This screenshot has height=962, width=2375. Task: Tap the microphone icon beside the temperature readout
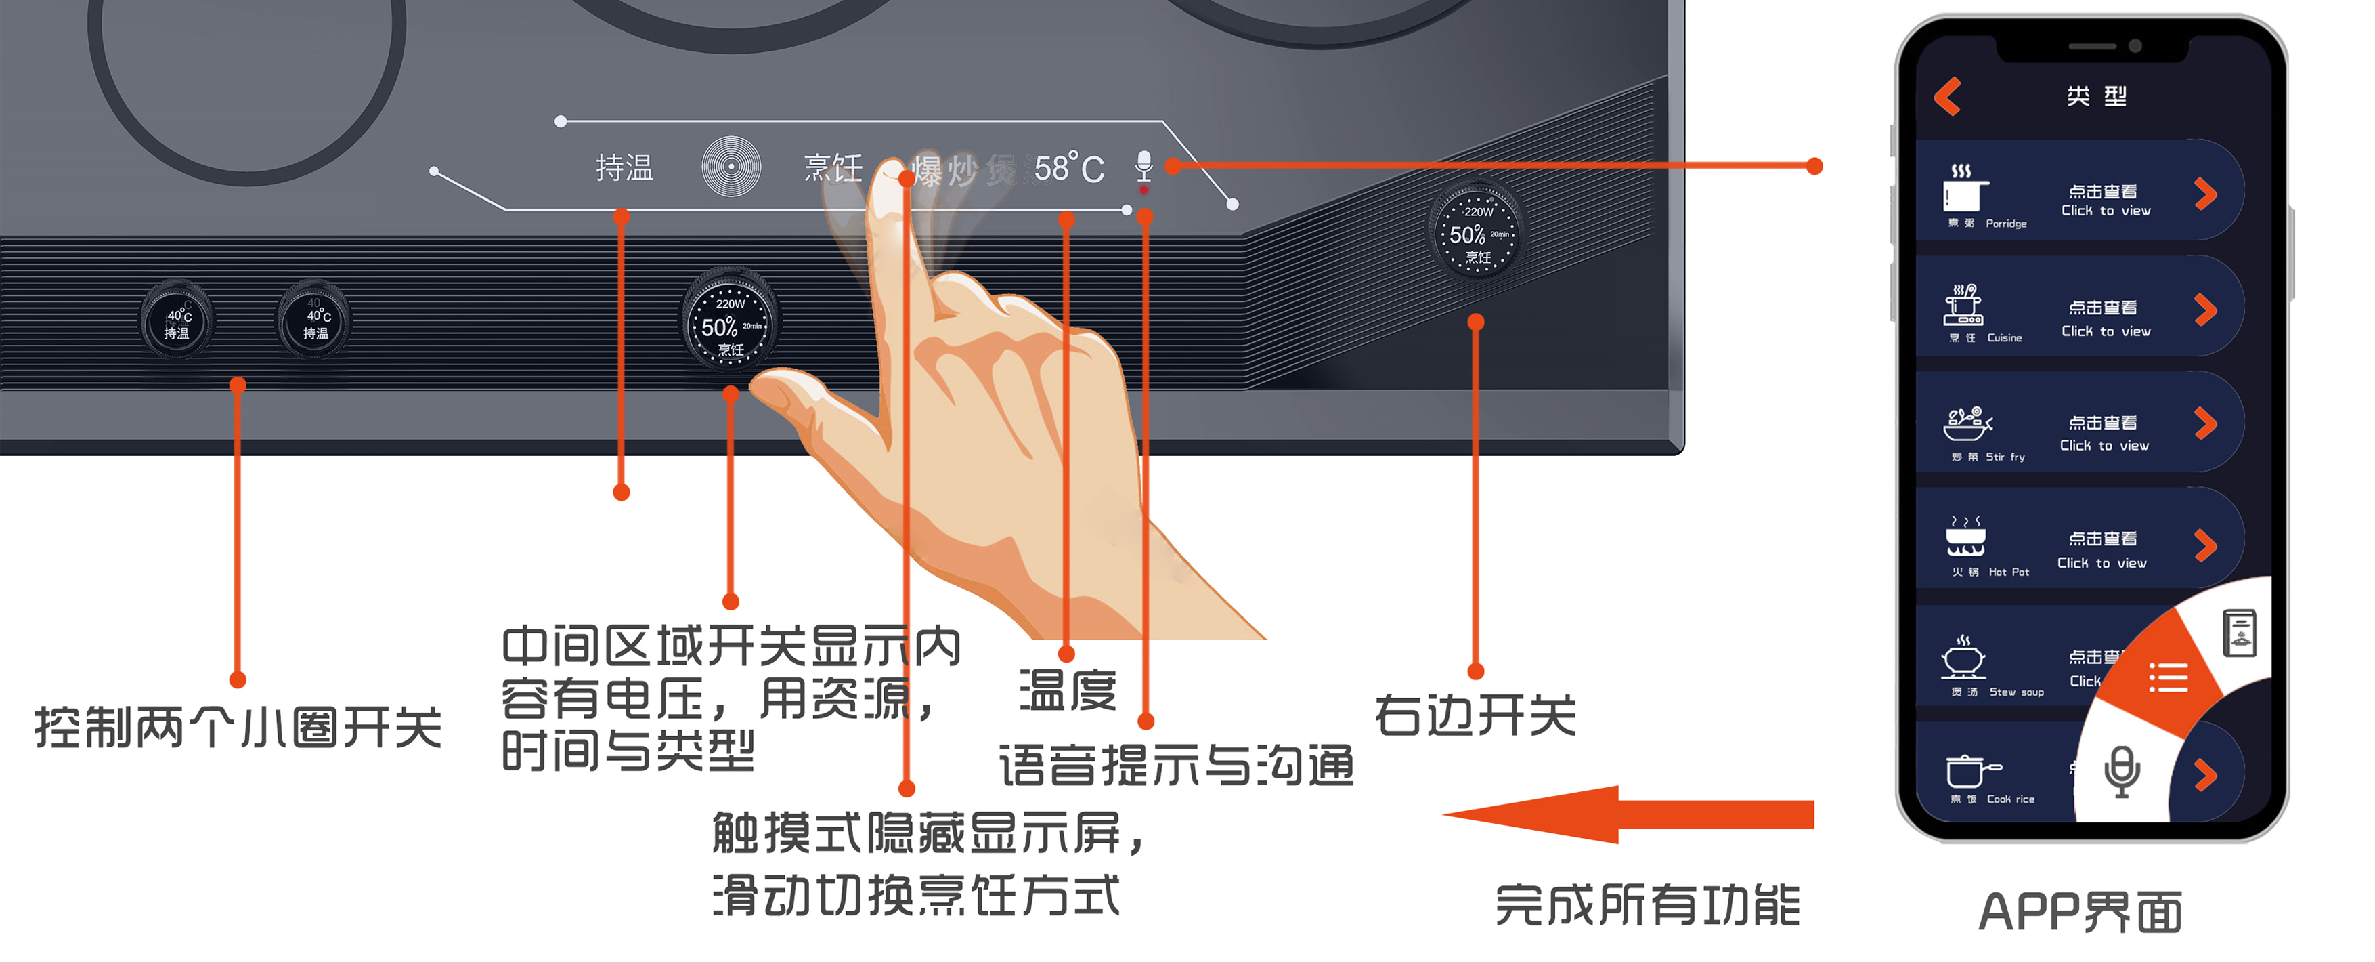1143,165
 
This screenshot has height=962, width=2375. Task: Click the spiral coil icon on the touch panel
731,167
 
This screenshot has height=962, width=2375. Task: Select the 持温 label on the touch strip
624,168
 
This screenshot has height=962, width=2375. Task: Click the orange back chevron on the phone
1947,97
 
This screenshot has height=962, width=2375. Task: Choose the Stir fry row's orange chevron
2204,424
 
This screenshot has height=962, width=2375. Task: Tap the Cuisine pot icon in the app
1964,306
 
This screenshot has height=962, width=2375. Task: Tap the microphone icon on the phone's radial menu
2122,771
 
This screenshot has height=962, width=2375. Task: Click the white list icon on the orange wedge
2168,678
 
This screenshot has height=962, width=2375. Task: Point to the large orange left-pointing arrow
1628,814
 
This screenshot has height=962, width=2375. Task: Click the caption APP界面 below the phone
2080,911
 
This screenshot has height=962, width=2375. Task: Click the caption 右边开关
1475,715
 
